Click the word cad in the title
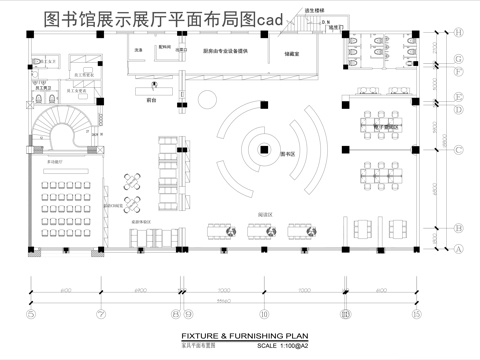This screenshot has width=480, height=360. (x=241, y=16)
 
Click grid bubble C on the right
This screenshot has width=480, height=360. (x=459, y=151)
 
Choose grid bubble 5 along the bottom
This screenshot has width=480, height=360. (x=31, y=314)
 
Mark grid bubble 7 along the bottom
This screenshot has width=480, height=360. (x=101, y=314)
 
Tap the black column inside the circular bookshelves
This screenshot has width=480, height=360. (x=262, y=151)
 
